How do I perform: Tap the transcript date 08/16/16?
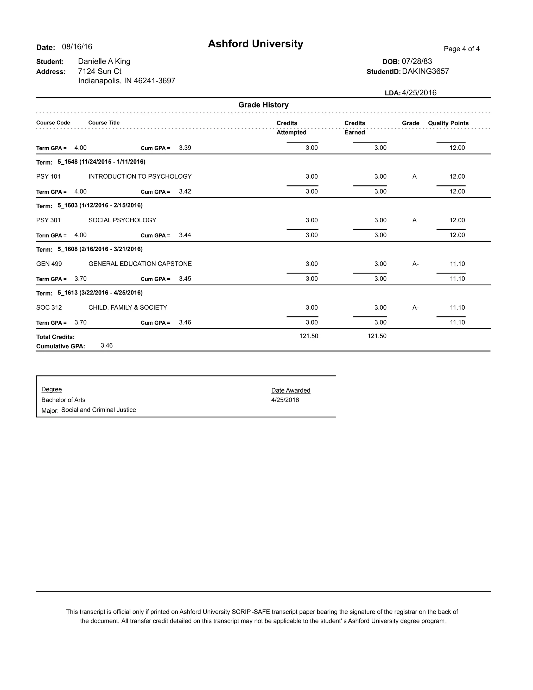tap(77, 47)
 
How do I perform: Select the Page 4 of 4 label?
tap(461, 49)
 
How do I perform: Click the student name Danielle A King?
tap(104, 61)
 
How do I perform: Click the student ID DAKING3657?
tap(425, 71)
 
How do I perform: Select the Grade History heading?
tap(263, 105)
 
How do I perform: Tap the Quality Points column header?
tap(448, 123)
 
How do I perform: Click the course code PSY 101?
tap(48, 177)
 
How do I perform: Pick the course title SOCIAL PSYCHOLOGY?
tap(122, 220)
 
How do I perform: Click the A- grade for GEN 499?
tap(415, 264)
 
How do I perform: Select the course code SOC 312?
tap(49, 308)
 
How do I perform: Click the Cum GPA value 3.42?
tap(185, 191)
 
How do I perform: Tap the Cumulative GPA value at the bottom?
tap(107, 346)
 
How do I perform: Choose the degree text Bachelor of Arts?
tap(63, 400)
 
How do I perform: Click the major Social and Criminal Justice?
tap(99, 410)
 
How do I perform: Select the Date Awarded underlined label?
tap(290, 391)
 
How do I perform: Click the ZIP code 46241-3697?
tap(154, 81)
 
